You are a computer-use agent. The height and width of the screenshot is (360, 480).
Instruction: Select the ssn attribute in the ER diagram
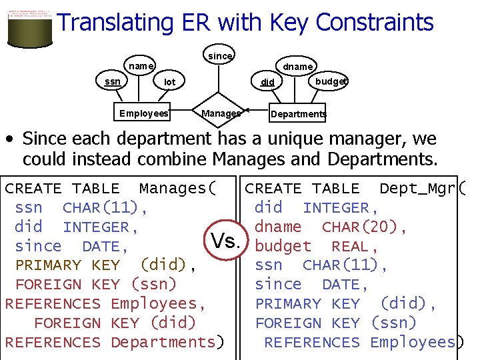(113, 81)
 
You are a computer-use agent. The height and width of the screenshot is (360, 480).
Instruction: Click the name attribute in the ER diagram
(141, 66)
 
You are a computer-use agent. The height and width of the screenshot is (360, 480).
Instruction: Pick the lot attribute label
(170, 82)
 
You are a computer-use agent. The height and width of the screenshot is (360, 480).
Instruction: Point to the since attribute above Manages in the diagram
(220, 56)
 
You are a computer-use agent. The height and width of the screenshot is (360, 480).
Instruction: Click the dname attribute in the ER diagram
(297, 67)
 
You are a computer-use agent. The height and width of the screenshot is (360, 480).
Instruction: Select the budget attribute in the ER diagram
(331, 81)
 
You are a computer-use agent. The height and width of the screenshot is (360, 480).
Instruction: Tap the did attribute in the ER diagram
(267, 83)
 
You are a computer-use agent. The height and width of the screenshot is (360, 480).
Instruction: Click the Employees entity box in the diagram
(144, 113)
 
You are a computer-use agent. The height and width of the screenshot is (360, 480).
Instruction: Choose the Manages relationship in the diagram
(221, 113)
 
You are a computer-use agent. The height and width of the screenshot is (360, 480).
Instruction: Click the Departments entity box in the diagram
(298, 114)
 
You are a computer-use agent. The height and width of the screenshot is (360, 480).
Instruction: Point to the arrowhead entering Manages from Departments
(245, 110)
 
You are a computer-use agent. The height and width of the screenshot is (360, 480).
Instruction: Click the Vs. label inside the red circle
(225, 241)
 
